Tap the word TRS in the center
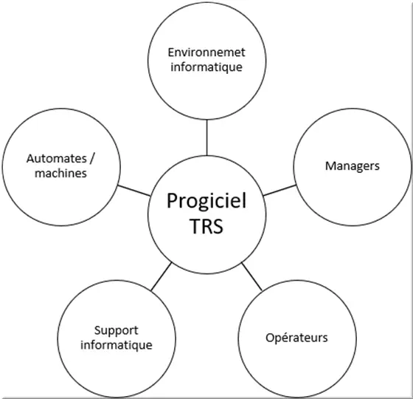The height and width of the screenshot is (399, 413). (x=206, y=226)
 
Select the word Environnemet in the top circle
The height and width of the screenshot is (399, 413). (x=206, y=52)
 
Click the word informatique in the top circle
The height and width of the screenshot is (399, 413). (x=206, y=67)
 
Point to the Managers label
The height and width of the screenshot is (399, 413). (x=353, y=166)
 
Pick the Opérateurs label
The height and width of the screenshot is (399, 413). (x=296, y=338)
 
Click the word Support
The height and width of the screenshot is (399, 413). (x=117, y=331)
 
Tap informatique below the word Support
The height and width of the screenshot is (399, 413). (x=117, y=345)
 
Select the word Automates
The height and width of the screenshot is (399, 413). (x=57, y=159)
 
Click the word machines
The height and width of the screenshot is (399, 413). (x=60, y=174)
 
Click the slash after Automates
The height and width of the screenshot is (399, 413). (x=91, y=160)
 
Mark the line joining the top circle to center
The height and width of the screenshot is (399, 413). (x=206, y=137)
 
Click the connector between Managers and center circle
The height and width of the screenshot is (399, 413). (x=280, y=191)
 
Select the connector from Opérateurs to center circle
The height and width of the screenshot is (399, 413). (x=251, y=276)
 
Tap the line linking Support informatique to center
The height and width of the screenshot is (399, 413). (x=162, y=276)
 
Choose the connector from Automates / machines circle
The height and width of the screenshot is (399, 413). (x=134, y=191)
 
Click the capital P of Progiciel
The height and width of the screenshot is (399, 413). (x=173, y=200)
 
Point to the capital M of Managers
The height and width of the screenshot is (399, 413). (x=331, y=166)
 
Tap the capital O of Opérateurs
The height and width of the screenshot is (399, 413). (x=270, y=338)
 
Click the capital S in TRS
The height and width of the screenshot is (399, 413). (x=217, y=226)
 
